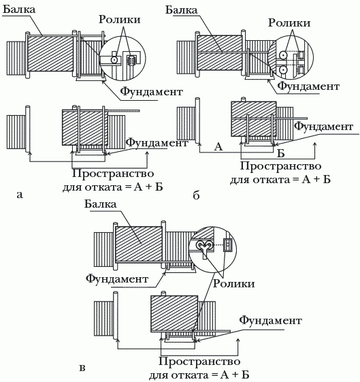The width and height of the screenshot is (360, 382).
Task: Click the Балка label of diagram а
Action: pos(19,10)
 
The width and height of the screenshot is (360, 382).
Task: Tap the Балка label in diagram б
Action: pos(181,10)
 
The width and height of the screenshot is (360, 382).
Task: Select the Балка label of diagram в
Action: pos(101,204)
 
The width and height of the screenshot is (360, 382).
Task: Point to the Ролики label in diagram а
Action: pos(120,20)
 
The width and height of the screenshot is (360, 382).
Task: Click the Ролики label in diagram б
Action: pos(289,23)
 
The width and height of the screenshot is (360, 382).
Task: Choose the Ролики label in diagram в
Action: pos(234,283)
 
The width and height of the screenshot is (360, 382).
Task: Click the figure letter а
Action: pos(20,195)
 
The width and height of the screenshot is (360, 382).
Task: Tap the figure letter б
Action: pos(196,195)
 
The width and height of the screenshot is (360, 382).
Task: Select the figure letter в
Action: pos(82,368)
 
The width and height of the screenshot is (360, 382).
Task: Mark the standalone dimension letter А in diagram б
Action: pos(218,146)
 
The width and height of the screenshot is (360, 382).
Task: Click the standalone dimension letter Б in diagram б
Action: pos(281,153)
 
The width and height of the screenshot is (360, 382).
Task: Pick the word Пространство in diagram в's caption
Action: pos(199,362)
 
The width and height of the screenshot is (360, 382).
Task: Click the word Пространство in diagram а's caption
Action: pos(113,174)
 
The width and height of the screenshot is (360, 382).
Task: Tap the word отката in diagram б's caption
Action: pos(272,180)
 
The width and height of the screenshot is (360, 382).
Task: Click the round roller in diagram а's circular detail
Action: pos(113,59)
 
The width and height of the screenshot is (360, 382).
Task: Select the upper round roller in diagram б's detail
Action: pos(283,54)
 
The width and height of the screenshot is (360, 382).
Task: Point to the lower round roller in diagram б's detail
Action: pos(283,70)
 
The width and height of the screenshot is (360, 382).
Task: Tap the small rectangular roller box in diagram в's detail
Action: pos(227,245)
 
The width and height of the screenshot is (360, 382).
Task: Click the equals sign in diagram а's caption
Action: pos(125,187)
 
